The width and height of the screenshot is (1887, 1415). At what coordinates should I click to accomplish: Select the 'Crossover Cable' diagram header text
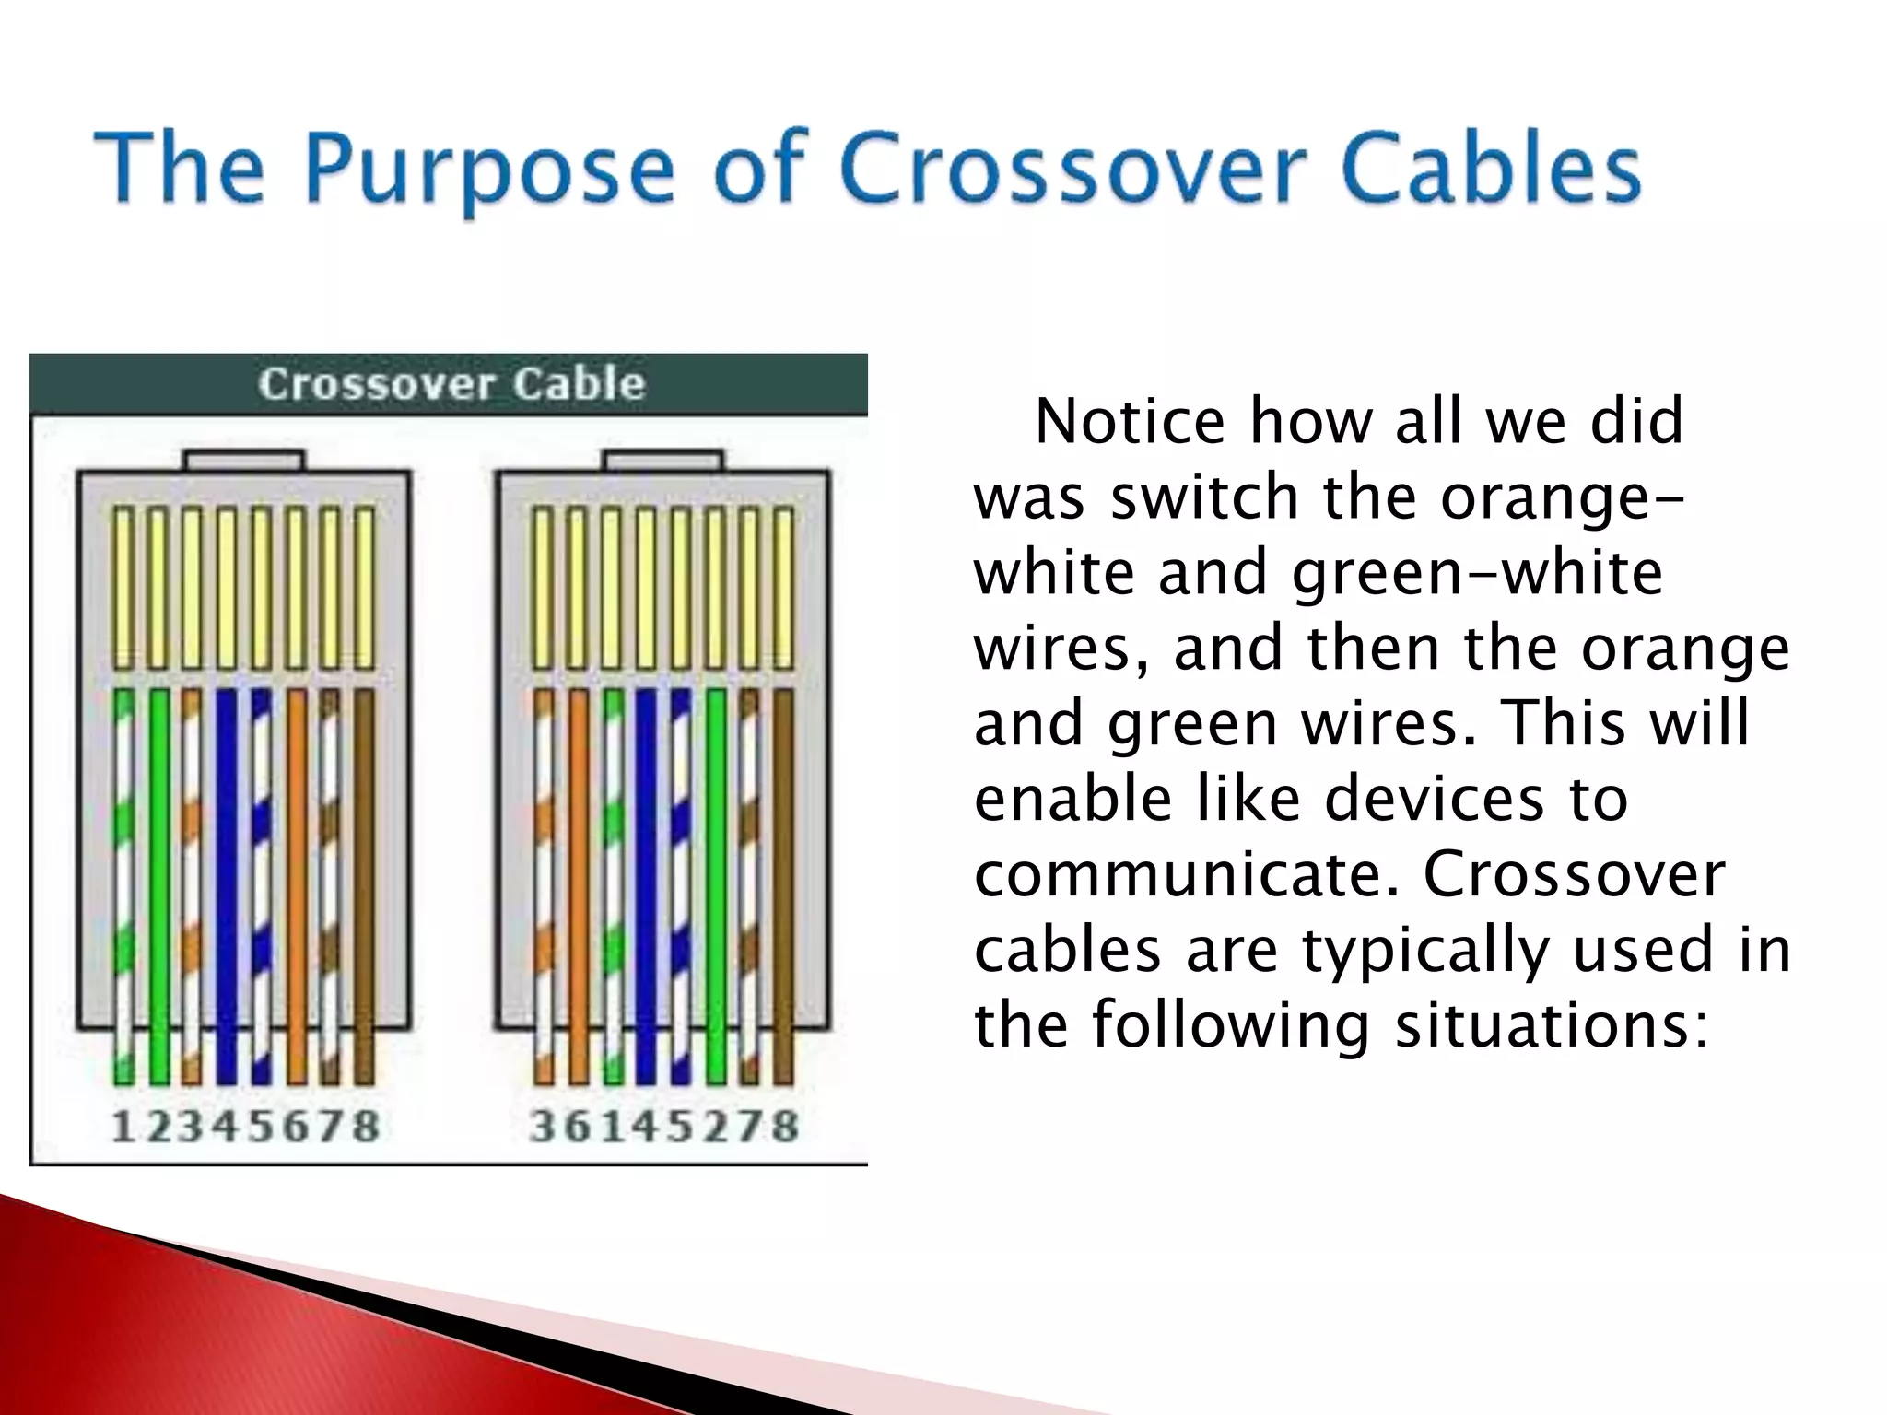(x=451, y=384)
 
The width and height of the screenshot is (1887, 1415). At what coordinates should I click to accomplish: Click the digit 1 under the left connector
(x=122, y=1127)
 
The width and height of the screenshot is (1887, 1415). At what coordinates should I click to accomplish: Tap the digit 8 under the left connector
(x=367, y=1127)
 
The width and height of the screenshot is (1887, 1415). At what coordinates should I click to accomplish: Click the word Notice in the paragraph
(x=1130, y=422)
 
